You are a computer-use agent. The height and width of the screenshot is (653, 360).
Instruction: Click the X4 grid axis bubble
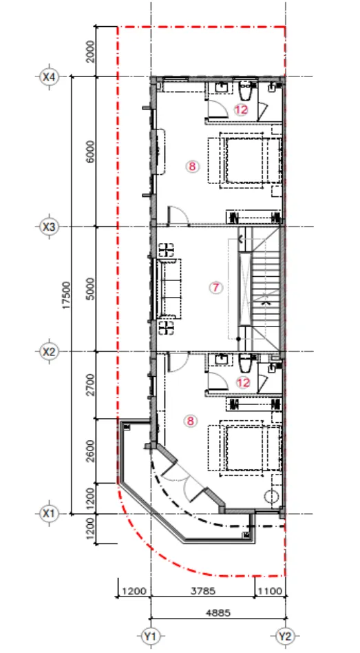click(x=49, y=76)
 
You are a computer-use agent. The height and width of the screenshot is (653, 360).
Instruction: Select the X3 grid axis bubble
click(x=49, y=227)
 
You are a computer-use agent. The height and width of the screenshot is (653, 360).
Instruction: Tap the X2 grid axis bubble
click(x=49, y=351)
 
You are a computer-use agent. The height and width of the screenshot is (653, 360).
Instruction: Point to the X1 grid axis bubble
click(x=49, y=513)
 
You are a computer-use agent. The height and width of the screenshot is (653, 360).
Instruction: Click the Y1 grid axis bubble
click(x=150, y=636)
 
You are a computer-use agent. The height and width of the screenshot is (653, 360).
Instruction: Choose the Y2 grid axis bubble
click(x=285, y=636)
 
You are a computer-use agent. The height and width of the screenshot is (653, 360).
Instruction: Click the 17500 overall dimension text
click(x=66, y=296)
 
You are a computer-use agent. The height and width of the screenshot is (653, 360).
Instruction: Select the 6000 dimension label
click(x=91, y=152)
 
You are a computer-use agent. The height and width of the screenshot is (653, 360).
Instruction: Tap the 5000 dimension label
click(x=91, y=289)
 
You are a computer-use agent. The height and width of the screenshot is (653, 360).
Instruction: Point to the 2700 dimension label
click(x=91, y=385)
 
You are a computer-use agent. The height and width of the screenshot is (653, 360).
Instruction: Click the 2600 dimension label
click(x=91, y=451)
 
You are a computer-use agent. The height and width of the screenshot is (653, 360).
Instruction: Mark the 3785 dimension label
click(x=202, y=591)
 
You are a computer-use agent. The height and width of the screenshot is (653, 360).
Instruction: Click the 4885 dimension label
click(x=218, y=612)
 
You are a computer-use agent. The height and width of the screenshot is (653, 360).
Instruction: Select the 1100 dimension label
click(x=270, y=591)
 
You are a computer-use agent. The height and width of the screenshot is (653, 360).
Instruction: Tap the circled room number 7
click(x=215, y=287)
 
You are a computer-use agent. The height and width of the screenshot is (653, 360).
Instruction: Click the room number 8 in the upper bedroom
click(x=192, y=167)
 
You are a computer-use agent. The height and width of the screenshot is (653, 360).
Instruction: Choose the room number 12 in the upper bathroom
click(x=241, y=110)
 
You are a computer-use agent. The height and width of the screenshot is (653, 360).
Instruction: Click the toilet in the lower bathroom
click(x=245, y=363)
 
